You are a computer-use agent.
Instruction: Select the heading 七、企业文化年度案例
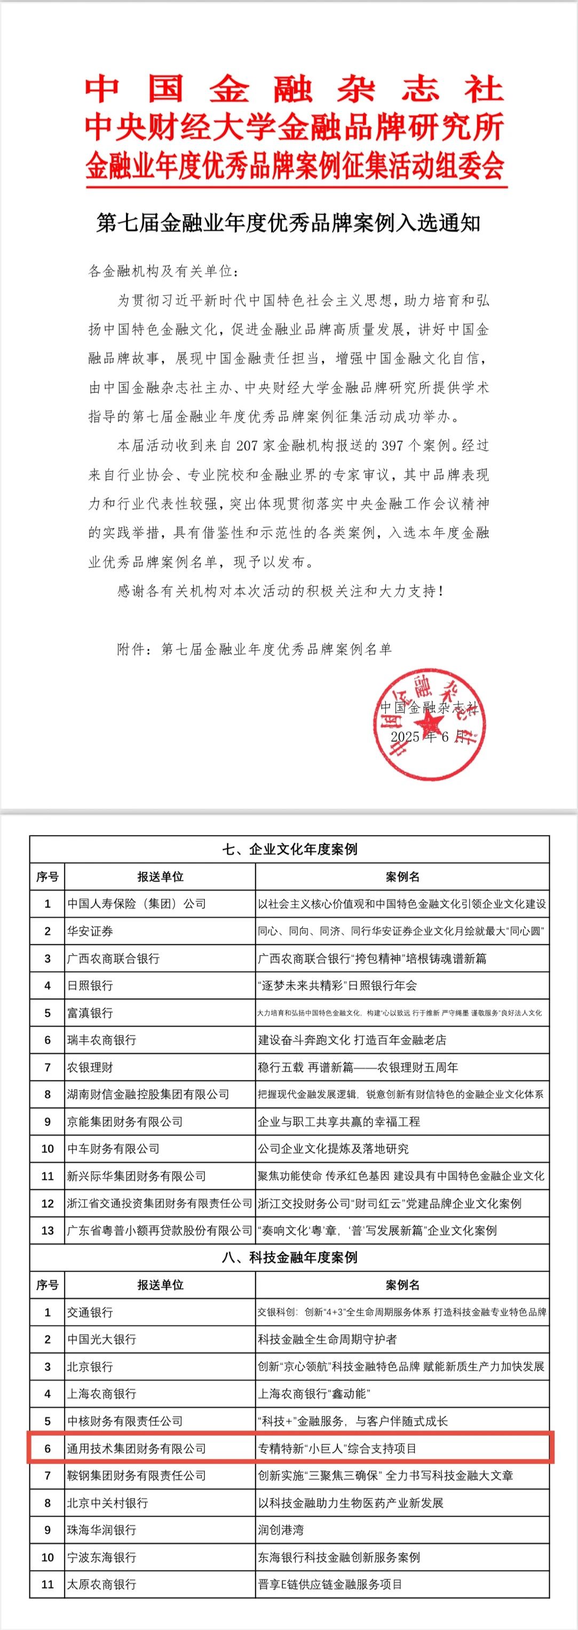[289, 849]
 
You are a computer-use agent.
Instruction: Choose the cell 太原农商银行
[102, 1584]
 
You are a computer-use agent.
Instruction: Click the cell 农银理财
[91, 1068]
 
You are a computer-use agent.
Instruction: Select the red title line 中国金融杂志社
[295, 89]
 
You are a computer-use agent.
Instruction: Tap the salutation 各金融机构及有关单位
[163, 272]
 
